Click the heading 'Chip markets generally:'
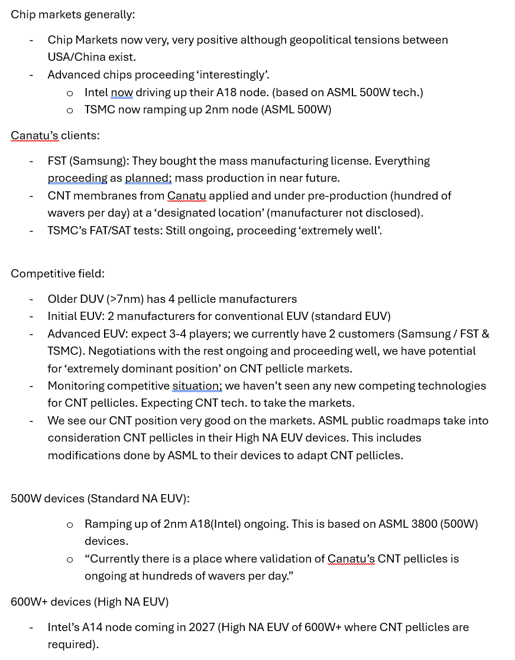tap(73, 14)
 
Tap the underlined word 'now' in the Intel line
tap(122, 93)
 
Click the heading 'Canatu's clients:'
tap(55, 135)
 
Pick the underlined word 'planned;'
tap(148, 178)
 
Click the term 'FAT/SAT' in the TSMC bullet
tap(102, 231)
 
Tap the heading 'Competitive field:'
tap(57, 273)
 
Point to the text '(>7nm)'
tap(126, 299)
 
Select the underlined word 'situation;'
tap(197, 386)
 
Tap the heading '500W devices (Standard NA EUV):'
tap(100, 498)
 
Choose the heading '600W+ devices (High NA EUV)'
tap(89, 602)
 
